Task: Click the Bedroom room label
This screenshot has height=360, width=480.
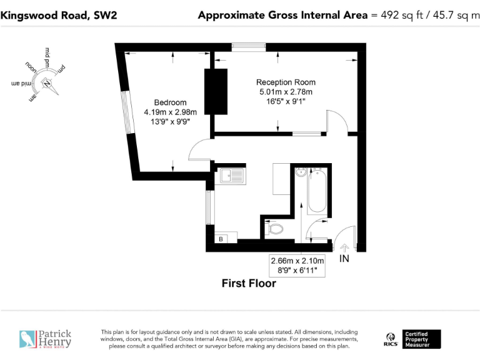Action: [x=170, y=102]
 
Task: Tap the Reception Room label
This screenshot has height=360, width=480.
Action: [x=286, y=82]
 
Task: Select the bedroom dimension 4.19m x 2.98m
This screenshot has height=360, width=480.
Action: [x=170, y=112]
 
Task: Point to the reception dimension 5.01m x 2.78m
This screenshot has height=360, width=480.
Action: [x=286, y=92]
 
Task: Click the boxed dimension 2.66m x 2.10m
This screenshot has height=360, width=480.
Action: [x=297, y=261]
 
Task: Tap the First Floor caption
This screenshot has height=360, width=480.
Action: [x=249, y=284]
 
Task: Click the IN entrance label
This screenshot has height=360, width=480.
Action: [x=344, y=258]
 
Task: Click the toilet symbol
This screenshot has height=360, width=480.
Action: [x=274, y=229]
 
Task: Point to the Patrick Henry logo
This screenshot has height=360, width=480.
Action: [x=45, y=339]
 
